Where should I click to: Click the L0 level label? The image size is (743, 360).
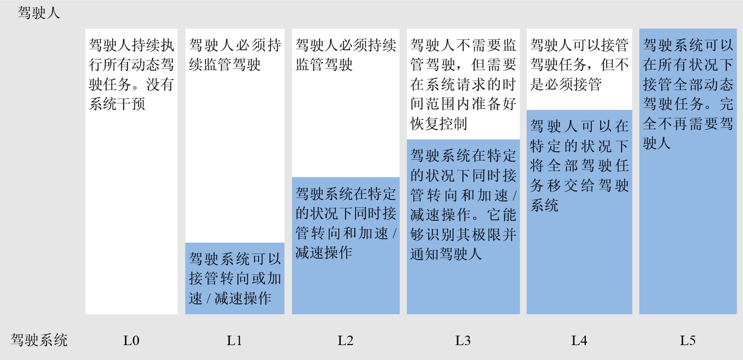(x=131, y=341)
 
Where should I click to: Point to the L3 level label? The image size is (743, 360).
(x=463, y=341)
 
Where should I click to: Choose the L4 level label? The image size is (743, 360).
(x=579, y=341)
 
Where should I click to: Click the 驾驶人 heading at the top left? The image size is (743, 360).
(x=39, y=13)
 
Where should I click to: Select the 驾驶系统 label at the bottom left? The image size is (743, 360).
(x=39, y=341)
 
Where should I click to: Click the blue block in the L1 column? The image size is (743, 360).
(x=235, y=278)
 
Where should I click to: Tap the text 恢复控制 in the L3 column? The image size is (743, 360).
(x=439, y=124)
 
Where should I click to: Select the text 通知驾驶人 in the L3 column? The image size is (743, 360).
(x=446, y=255)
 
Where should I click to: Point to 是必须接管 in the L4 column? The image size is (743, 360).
(x=565, y=85)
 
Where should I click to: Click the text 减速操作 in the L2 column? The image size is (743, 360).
(x=324, y=252)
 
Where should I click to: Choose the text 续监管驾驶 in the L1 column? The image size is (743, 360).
(x=225, y=65)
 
